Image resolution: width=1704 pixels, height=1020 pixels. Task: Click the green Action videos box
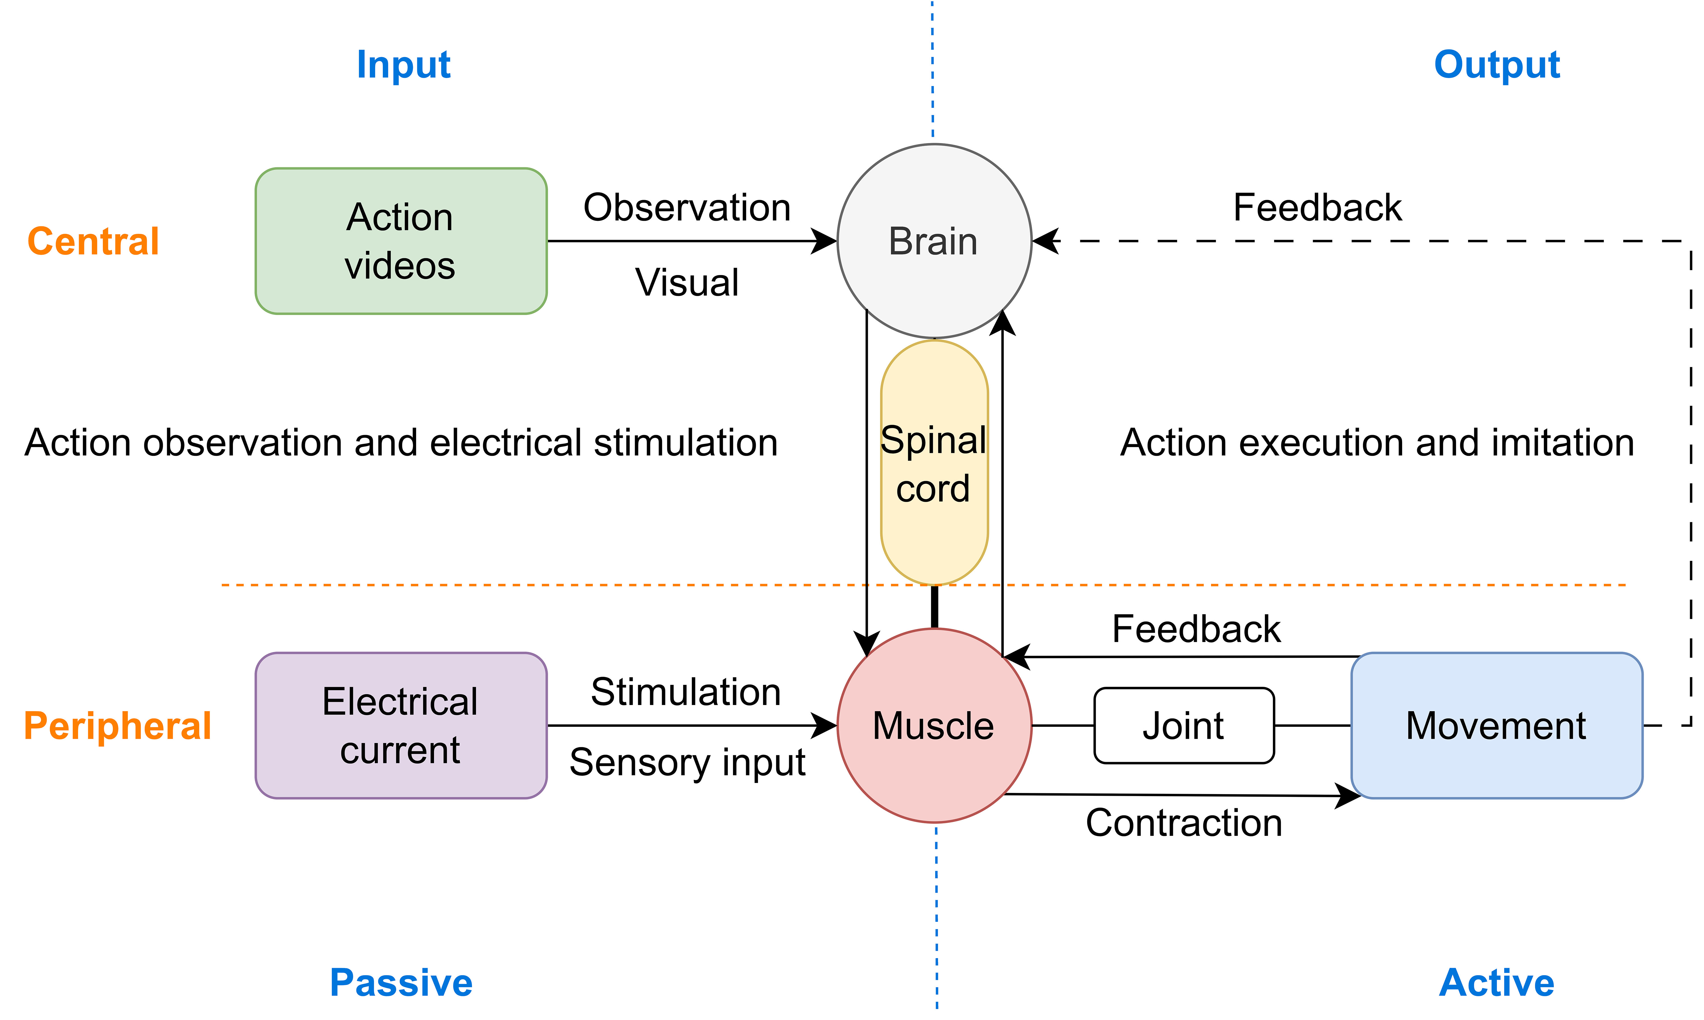(x=401, y=241)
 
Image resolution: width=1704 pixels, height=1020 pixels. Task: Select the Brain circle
(x=934, y=241)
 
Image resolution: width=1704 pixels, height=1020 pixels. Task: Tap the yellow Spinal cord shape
(x=934, y=463)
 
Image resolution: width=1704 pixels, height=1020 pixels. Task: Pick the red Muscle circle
(x=934, y=725)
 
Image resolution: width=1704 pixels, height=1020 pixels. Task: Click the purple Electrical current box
(x=401, y=725)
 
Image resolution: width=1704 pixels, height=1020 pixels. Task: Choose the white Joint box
(x=1183, y=725)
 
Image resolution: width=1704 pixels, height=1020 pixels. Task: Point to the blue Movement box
(x=1496, y=725)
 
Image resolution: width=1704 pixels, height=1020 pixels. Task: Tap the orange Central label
(x=93, y=241)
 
